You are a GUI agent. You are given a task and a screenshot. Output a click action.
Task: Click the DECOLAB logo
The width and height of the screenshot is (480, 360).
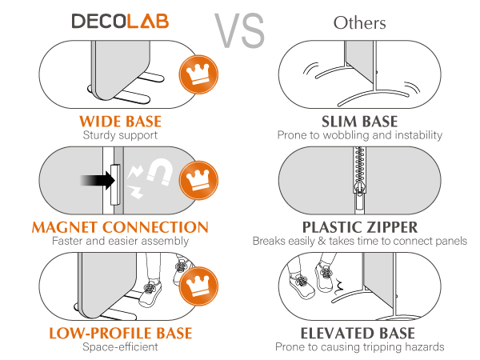point(120,22)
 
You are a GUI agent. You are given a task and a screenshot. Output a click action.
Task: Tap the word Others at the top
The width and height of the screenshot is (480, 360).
point(359,22)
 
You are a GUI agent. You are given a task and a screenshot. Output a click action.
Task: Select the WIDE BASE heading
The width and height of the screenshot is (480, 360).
point(120,122)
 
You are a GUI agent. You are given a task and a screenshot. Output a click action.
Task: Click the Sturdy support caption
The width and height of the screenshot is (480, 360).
point(120,135)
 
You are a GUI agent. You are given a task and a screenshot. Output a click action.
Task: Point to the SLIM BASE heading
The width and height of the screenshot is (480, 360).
point(359,122)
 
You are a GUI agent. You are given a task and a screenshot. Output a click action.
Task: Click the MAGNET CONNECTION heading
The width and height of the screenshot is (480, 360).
point(120,227)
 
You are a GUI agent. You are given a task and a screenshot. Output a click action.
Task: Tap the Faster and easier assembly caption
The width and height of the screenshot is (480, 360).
point(120,241)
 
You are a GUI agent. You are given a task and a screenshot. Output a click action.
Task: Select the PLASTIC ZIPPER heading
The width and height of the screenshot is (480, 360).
point(359,227)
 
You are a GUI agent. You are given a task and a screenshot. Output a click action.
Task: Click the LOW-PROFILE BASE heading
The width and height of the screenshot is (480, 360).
point(120,333)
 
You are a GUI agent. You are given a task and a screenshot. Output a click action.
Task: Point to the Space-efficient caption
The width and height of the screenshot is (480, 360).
point(120,346)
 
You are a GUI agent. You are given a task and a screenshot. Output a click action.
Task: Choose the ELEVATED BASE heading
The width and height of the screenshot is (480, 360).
point(359,333)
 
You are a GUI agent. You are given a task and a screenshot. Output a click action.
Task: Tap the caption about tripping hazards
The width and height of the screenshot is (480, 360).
point(359,346)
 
